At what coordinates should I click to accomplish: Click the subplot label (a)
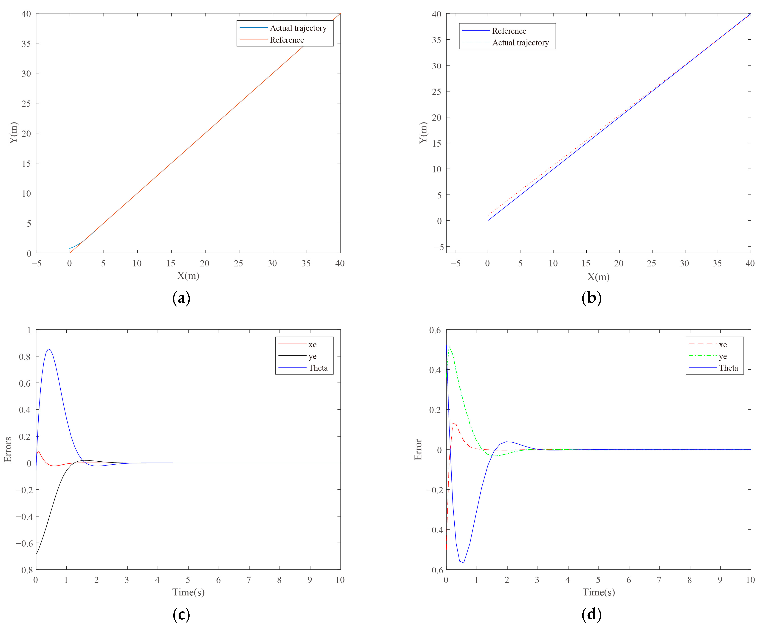coord(181,298)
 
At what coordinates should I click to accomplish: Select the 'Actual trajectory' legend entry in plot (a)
coord(298,28)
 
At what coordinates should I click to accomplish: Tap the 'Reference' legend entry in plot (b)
coord(509,31)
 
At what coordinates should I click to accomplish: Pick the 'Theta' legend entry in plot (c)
coord(318,368)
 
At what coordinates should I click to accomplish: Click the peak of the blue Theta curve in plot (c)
coord(48,349)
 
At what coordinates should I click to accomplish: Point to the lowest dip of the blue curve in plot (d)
coord(463,562)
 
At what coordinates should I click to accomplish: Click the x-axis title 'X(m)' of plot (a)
coord(188,276)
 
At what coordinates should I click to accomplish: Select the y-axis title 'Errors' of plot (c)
coord(8,449)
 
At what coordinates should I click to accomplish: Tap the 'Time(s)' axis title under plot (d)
coord(598,592)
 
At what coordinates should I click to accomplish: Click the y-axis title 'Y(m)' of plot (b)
coord(423,133)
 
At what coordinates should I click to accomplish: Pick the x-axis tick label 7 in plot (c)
coord(249,580)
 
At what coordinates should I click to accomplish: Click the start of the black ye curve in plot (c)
coord(36,553)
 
